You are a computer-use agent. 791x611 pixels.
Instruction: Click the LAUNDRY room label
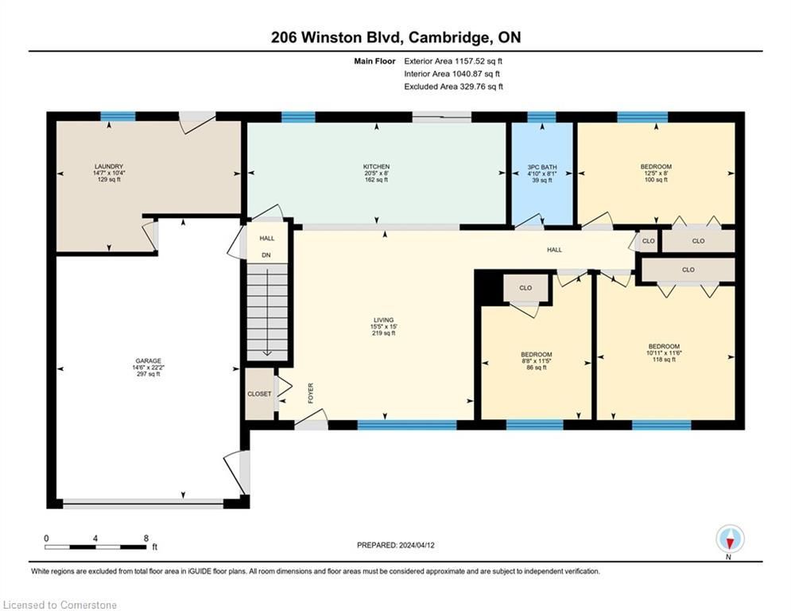pos(109,166)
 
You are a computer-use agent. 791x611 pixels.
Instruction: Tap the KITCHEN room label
pos(376,166)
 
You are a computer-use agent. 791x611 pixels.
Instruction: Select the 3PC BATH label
pos(542,167)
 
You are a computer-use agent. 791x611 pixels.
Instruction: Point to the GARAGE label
pos(149,361)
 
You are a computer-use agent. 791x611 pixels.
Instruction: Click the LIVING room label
pos(383,320)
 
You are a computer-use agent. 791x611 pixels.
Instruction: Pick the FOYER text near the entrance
pos(311,393)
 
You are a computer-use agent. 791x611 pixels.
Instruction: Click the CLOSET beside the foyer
pos(259,394)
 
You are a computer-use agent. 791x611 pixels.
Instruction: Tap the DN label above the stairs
pos(266,255)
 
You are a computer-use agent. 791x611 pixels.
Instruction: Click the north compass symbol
pos(730,539)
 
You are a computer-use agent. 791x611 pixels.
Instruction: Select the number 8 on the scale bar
pos(146,539)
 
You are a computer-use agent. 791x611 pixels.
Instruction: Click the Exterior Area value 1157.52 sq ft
pos(479,61)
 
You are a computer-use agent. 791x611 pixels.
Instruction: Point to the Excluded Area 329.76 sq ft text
pos(453,87)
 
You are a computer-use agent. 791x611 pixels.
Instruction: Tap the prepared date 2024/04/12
pos(417,545)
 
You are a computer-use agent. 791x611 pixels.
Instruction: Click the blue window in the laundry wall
pos(118,117)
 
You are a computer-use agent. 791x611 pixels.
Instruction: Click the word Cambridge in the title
pos(448,38)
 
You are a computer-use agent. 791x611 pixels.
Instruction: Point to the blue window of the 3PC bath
pos(542,117)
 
